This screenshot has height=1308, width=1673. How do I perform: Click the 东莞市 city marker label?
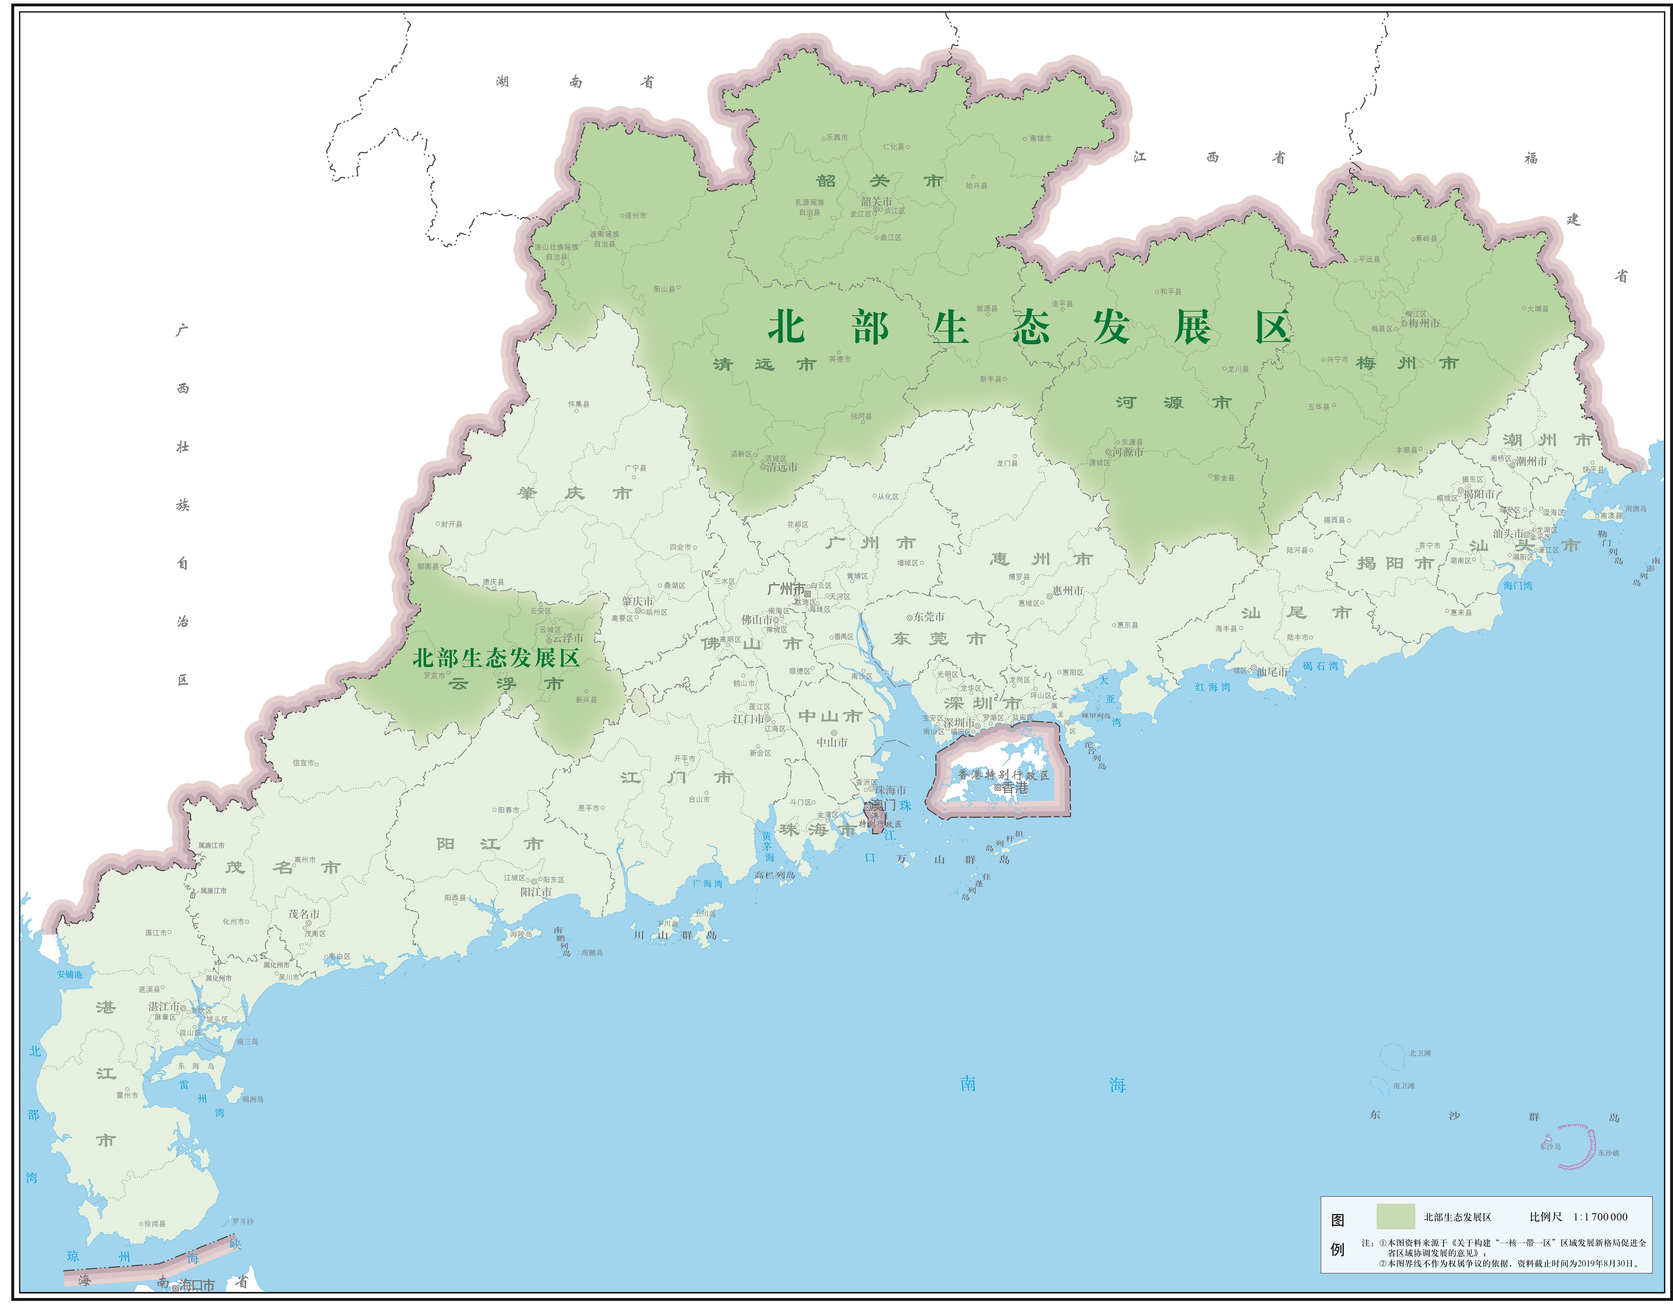929,617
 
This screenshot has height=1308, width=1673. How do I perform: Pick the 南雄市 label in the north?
1040,139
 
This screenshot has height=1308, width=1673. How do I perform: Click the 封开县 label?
451,524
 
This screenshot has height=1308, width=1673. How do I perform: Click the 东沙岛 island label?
1550,1147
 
